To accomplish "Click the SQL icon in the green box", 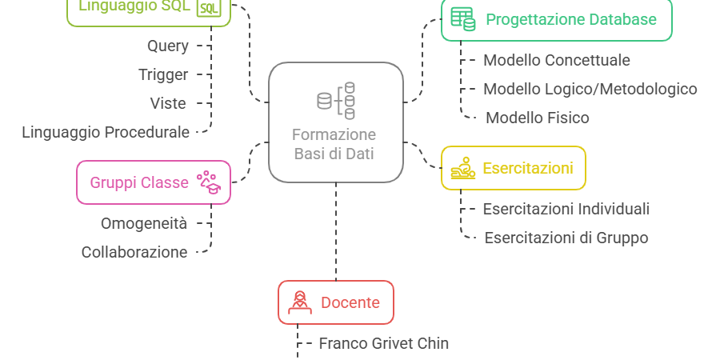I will [x=208, y=8].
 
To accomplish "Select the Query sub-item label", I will [x=168, y=46].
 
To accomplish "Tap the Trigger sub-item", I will [x=163, y=74].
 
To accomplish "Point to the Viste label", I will [x=168, y=103].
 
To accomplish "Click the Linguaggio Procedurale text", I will [x=106, y=132].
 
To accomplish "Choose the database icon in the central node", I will [x=335, y=101].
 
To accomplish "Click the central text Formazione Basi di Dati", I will [x=334, y=144].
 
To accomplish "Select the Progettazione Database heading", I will [x=571, y=19].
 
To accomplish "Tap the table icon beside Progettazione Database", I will [x=462, y=18].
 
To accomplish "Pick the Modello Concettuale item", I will [x=557, y=60].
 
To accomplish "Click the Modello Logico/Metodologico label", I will [x=590, y=89].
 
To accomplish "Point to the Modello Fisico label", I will [x=538, y=118].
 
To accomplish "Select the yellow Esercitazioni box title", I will [x=528, y=168].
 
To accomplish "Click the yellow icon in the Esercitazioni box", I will [x=462, y=168].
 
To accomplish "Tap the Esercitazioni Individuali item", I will [x=566, y=209].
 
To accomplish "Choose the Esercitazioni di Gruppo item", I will [x=566, y=238].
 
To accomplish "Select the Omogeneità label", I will [x=144, y=223].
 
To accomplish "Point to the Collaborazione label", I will [x=134, y=252].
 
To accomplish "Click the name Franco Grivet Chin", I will [x=384, y=343].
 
